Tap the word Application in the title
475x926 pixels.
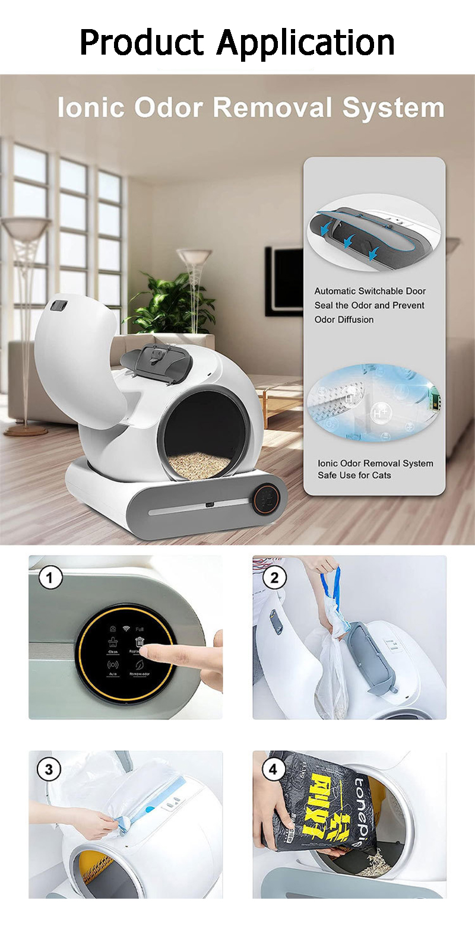306,43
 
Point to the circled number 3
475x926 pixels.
49,770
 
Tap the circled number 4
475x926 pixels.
273,770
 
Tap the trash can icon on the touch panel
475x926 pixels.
140,642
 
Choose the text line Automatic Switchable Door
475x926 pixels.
370,291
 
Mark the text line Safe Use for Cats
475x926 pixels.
354,475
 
